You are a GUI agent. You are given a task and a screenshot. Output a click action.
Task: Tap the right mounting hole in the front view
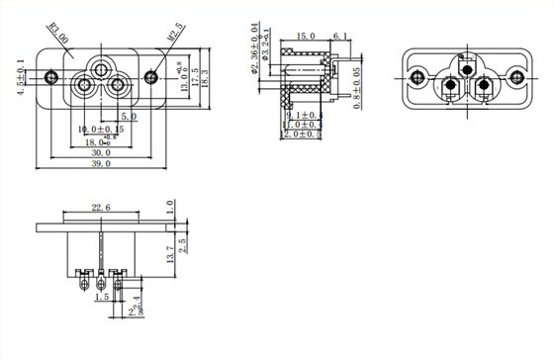tap(150, 76)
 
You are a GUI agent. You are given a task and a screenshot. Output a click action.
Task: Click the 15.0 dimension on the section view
tap(306, 37)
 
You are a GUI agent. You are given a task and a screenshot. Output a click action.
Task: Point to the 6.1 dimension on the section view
tap(338, 37)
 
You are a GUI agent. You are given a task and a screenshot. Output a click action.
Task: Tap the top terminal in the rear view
tap(466, 69)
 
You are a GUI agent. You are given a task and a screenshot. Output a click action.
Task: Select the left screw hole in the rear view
tap(416, 76)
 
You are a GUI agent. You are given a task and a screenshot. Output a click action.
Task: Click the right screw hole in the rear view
tap(515, 76)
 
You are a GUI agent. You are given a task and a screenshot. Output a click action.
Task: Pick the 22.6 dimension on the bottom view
tap(101, 208)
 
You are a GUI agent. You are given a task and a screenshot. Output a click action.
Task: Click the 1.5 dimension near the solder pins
tap(102, 296)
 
